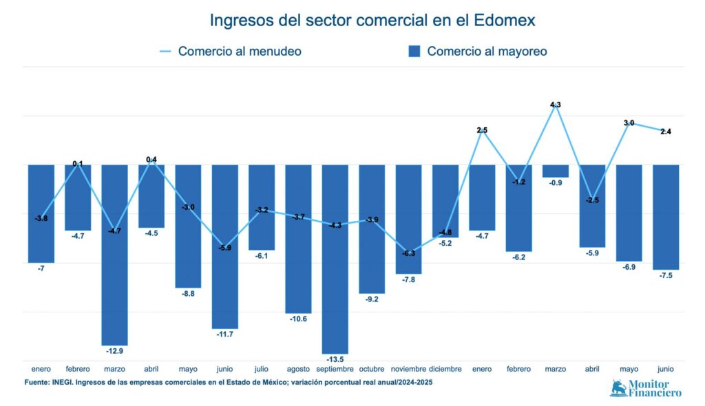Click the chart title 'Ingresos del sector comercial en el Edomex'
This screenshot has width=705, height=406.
pyautogui.click(x=372, y=21)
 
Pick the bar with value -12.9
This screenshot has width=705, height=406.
pyautogui.click(x=114, y=255)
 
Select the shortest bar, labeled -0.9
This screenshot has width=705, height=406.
pyautogui.click(x=555, y=171)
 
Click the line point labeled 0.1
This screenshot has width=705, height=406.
pyautogui.click(x=78, y=164)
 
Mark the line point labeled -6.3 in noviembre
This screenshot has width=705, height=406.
pyautogui.click(x=408, y=253)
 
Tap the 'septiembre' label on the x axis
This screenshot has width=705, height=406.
pyautogui.click(x=335, y=370)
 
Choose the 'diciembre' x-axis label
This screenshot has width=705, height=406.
pyautogui.click(x=445, y=370)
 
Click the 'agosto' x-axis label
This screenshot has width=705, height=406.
pyautogui.click(x=298, y=370)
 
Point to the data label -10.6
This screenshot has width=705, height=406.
pyautogui.click(x=298, y=319)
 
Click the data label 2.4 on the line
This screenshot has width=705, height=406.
pyautogui.click(x=665, y=131)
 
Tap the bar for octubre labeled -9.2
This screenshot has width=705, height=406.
pyautogui.click(x=372, y=229)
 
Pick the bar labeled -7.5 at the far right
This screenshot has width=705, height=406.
pyautogui.click(x=665, y=217)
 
